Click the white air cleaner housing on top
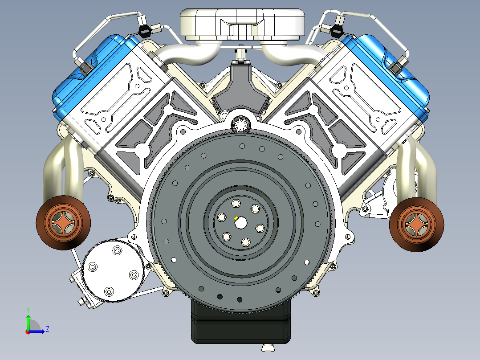click(242, 25)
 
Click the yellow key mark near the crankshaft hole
click(236, 218)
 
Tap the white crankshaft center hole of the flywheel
click(241, 223)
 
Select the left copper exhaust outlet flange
click(63, 223)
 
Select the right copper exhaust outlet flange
click(417, 225)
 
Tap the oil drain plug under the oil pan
click(268, 348)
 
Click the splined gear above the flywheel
click(241, 124)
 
